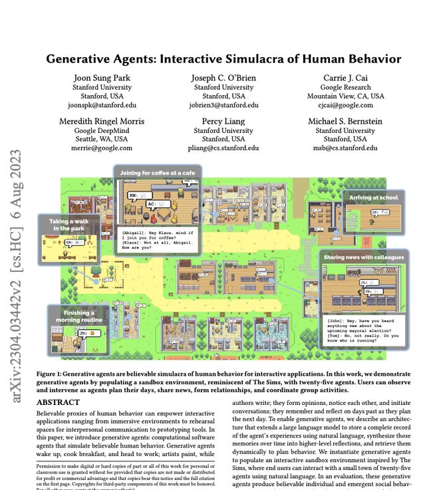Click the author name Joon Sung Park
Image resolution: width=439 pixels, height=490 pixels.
coord(102,78)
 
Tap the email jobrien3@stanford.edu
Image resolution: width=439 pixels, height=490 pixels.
coord(223,105)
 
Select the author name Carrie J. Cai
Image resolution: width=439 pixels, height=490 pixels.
coord(345,78)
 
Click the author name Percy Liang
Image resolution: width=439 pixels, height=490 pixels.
coord(223,121)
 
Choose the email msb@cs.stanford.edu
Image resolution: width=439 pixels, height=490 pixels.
coord(345,148)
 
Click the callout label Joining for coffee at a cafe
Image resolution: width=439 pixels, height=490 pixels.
coord(156,173)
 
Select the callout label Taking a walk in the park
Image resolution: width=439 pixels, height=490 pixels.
coord(69,225)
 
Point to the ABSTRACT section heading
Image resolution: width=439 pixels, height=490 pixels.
coord(59,403)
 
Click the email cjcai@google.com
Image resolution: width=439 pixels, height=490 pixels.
coord(345,105)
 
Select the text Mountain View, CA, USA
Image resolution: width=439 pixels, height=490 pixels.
coord(345,96)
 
